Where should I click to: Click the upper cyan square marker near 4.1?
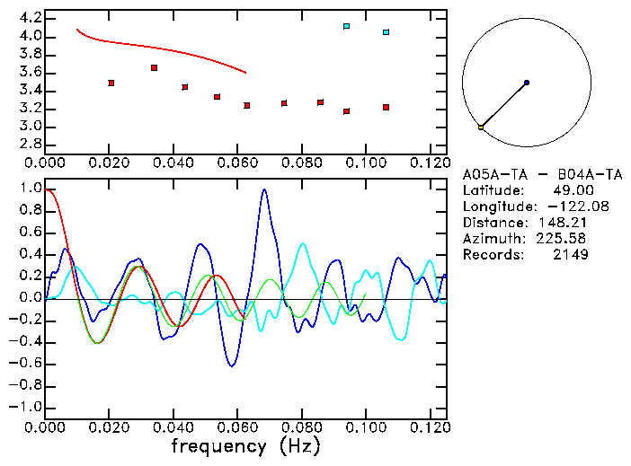click(x=347, y=26)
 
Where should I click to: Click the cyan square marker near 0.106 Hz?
click(x=386, y=32)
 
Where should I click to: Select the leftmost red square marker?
click(x=111, y=83)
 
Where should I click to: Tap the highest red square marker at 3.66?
click(x=155, y=67)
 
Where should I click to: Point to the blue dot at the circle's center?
click(x=526, y=83)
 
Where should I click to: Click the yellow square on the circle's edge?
click(x=481, y=127)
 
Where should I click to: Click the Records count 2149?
click(x=571, y=255)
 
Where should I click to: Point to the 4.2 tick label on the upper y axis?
click(x=31, y=18)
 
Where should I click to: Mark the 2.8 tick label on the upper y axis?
click(x=31, y=144)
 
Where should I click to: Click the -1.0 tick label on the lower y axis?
click(x=25, y=407)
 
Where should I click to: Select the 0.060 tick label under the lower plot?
click(x=238, y=428)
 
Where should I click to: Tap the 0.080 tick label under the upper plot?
click(x=302, y=163)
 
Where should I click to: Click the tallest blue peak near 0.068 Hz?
click(x=264, y=189)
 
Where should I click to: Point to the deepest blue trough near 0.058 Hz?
click(x=232, y=365)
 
